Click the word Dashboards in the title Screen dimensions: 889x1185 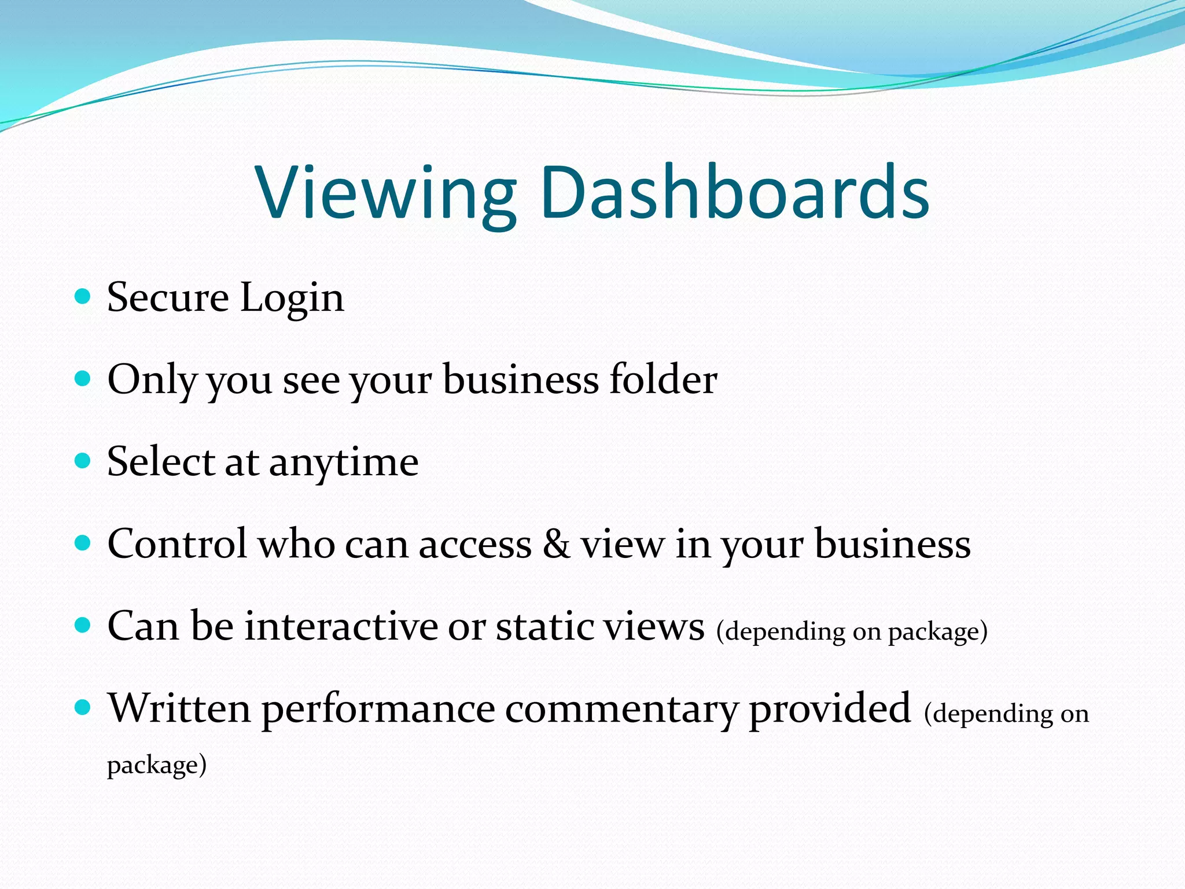tap(735, 192)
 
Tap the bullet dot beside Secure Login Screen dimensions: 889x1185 tap(83, 297)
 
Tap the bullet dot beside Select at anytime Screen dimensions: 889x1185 tap(83, 461)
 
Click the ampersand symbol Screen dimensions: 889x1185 tap(556, 544)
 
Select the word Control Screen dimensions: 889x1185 tap(177, 544)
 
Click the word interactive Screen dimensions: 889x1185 tap(341, 626)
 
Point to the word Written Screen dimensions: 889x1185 tap(180, 708)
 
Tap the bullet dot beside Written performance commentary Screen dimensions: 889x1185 tap(83, 707)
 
